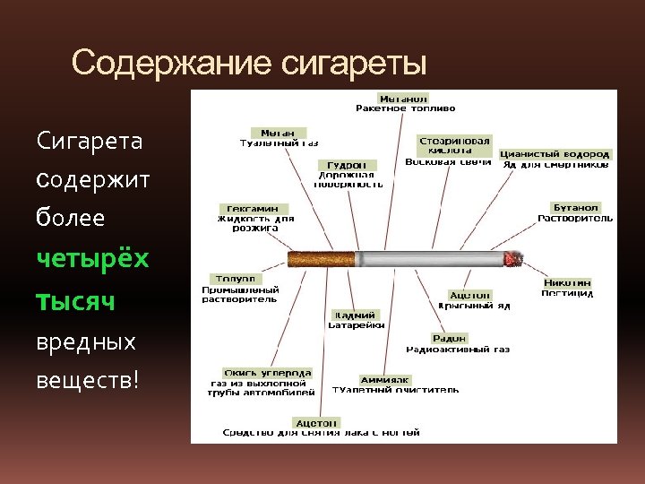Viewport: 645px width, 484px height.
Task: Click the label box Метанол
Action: pos(403,98)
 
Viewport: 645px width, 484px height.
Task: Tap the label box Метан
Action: pos(279,133)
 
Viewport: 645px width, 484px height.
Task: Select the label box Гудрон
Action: pos(347,165)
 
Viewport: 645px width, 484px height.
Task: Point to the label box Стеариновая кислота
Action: pos(455,145)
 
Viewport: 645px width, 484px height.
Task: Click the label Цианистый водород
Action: pos(555,154)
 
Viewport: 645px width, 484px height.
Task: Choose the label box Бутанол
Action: pos(576,207)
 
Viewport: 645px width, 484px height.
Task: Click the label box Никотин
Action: pos(567,283)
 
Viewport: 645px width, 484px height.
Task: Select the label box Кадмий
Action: pos(356,315)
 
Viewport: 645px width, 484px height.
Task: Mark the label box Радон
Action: pos(449,339)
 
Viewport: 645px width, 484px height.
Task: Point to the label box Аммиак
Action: pos(385,379)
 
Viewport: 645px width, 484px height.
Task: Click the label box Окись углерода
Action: pos(268,372)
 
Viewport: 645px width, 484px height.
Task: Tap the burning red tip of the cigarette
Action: pos(514,260)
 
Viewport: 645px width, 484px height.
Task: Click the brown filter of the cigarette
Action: pos(321,260)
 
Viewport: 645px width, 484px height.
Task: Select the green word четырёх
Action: pos(93,258)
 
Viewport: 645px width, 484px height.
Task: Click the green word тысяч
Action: pos(75,300)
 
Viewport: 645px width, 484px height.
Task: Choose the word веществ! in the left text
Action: pos(88,380)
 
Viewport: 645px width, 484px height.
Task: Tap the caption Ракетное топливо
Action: pos(405,108)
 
